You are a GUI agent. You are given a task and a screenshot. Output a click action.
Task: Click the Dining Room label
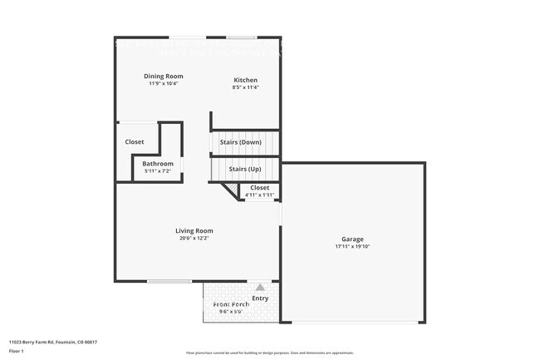pos(164,76)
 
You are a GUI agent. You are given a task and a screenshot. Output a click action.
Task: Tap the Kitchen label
pos(245,80)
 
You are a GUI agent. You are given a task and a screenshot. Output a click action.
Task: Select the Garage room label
pos(352,239)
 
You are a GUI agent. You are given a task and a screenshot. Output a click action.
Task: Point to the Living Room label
pos(194,230)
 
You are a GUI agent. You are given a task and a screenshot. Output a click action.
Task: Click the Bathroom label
pos(157,164)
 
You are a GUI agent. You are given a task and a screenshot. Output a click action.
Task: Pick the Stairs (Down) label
pos(240,142)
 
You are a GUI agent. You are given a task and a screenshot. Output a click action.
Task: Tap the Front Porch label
pos(230,304)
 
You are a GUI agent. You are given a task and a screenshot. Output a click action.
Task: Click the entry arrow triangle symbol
pos(259,287)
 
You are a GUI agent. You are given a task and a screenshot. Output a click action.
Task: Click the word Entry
pos(260,298)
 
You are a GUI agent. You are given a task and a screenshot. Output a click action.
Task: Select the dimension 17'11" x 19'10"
pos(352,247)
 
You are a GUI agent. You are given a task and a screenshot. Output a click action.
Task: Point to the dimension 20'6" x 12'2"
pos(194,239)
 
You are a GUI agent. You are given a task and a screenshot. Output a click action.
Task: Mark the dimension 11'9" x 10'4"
pos(164,83)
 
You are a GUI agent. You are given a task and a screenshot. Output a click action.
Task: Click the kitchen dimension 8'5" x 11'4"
pos(245,87)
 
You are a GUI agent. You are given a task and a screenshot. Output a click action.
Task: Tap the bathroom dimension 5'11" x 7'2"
pos(157,171)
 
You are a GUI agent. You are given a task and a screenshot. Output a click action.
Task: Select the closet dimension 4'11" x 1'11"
pos(259,195)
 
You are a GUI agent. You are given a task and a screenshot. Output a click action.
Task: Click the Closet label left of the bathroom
pos(135,142)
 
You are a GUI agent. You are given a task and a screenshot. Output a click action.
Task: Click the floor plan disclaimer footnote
pos(269,353)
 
